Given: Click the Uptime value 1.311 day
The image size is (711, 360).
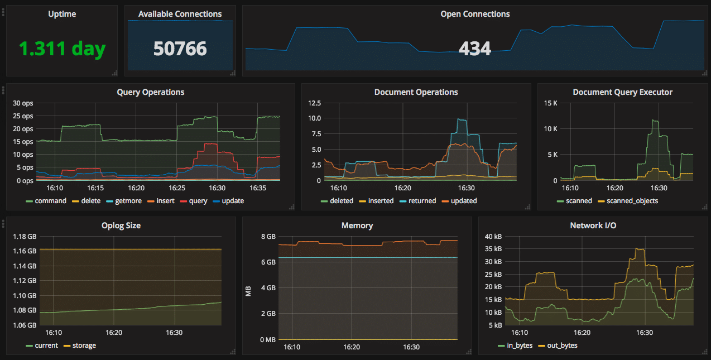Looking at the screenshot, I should point(62,49).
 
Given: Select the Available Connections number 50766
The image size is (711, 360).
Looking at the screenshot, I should point(180,49).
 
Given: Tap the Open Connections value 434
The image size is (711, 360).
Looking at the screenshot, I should point(474,49).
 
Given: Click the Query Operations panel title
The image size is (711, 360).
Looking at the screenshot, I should point(150,92).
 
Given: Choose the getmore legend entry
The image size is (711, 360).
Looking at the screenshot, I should point(128,201).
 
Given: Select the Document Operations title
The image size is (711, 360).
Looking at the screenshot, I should point(416,92).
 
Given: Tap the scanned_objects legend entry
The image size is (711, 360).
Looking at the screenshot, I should point(632,201).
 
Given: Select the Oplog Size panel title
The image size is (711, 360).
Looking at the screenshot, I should point(121,226).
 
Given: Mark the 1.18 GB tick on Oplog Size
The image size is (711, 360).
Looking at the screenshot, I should point(24,237).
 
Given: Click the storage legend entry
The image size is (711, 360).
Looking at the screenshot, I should point(84,345).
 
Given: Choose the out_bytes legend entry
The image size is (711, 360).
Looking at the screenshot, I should point(562,345).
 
